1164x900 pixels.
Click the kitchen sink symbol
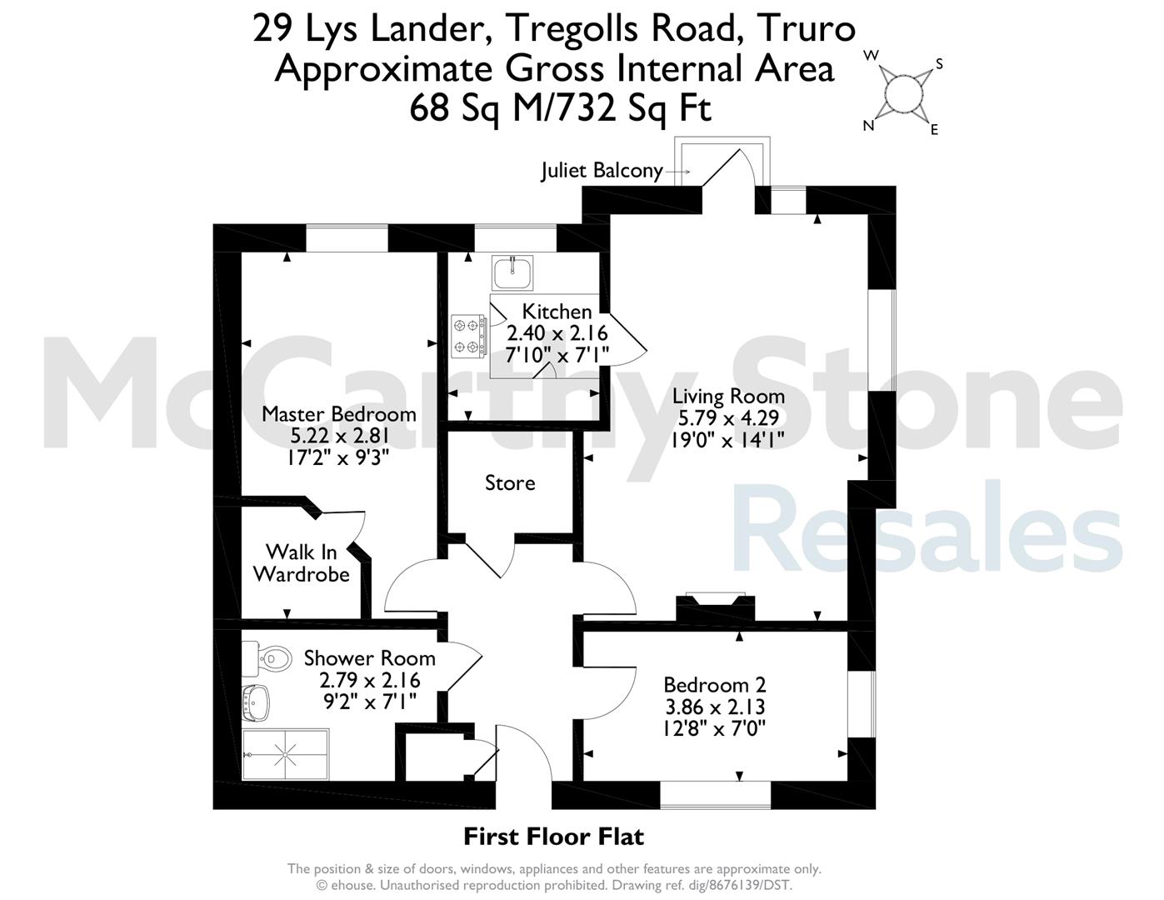[x=512, y=272]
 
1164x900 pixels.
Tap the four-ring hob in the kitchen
[x=469, y=336]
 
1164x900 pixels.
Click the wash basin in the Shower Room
[x=256, y=703]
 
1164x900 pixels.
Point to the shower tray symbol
[x=285, y=754]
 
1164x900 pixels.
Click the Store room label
[x=510, y=483]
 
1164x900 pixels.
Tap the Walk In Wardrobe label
[x=302, y=563]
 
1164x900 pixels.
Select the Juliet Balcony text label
[x=602, y=171]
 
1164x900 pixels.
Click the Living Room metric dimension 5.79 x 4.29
[x=728, y=417]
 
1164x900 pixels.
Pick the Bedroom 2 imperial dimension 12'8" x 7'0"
[x=715, y=728]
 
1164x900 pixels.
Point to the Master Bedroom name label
[x=338, y=414]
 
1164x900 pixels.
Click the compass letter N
[x=868, y=125]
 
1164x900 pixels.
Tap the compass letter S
[x=939, y=64]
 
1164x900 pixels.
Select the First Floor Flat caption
[x=553, y=837]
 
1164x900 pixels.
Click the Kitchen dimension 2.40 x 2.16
[x=557, y=333]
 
